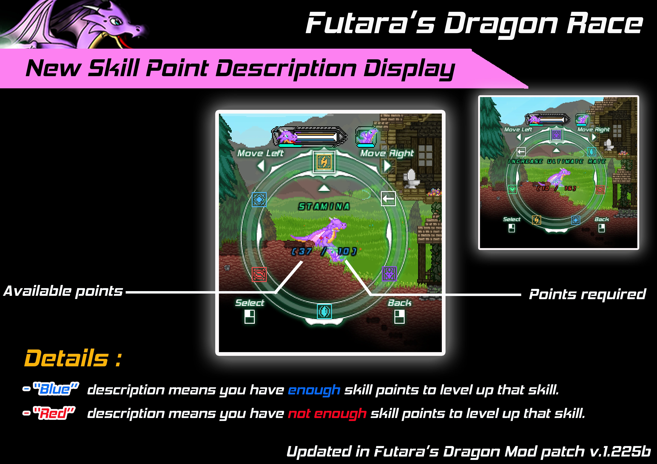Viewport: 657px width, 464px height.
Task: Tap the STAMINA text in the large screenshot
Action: [324, 206]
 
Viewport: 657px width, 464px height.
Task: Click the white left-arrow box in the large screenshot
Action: [388, 198]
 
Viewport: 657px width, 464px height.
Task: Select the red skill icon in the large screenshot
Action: [259, 274]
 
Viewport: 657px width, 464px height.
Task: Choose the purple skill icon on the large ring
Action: [389, 274]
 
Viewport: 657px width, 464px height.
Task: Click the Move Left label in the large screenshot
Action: [260, 153]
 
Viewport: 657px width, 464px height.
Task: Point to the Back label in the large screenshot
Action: [399, 303]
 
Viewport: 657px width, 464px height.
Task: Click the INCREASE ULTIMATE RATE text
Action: [557, 161]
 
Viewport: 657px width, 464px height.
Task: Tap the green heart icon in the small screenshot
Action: [512, 189]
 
